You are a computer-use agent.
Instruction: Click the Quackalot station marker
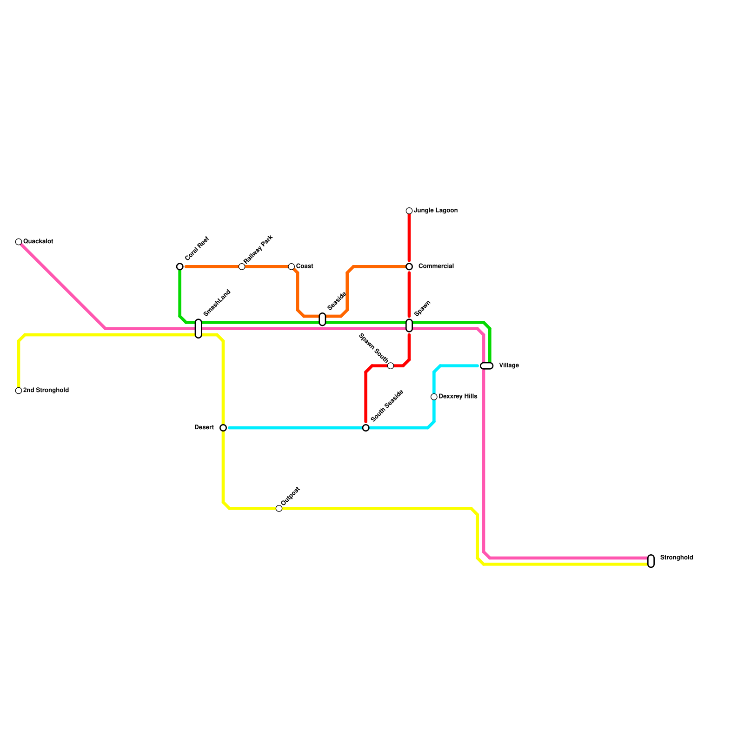click(x=19, y=242)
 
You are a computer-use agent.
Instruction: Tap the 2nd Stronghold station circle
click(x=19, y=391)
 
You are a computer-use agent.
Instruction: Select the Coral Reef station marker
click(x=180, y=266)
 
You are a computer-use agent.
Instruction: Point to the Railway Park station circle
click(x=242, y=266)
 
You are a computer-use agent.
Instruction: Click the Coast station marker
click(x=292, y=266)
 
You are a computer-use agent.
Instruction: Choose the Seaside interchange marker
click(x=322, y=319)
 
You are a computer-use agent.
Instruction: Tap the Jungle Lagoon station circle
click(x=409, y=211)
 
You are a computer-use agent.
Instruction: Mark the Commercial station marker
click(x=409, y=266)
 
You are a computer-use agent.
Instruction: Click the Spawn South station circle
click(x=391, y=366)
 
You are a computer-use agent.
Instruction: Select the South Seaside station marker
click(x=366, y=428)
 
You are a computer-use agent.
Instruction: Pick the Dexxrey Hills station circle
click(x=434, y=397)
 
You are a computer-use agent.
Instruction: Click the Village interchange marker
click(x=486, y=366)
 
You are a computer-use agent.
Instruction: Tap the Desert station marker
click(x=223, y=428)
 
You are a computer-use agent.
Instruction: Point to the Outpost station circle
click(x=279, y=508)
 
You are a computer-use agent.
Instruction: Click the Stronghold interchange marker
click(x=651, y=561)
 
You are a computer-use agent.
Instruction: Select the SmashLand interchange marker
click(x=199, y=328)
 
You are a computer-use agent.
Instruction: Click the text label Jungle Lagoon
click(x=436, y=211)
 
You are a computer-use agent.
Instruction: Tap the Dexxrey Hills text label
click(x=458, y=397)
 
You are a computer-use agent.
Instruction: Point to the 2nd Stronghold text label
click(x=46, y=390)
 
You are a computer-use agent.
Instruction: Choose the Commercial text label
click(x=436, y=266)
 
